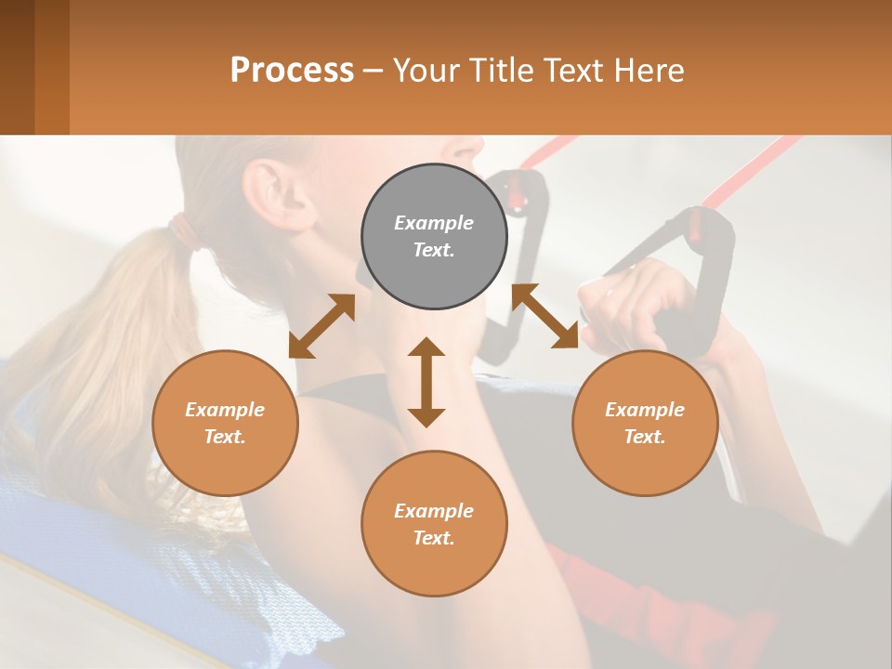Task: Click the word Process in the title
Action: [292, 70]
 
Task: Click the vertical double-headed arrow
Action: [426, 382]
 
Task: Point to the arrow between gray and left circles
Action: [321, 325]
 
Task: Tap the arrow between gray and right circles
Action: [545, 316]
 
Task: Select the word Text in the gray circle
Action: [434, 250]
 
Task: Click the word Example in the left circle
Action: [225, 410]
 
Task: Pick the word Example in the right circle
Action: [645, 410]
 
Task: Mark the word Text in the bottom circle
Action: [434, 538]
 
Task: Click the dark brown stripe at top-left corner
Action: [17, 67]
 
